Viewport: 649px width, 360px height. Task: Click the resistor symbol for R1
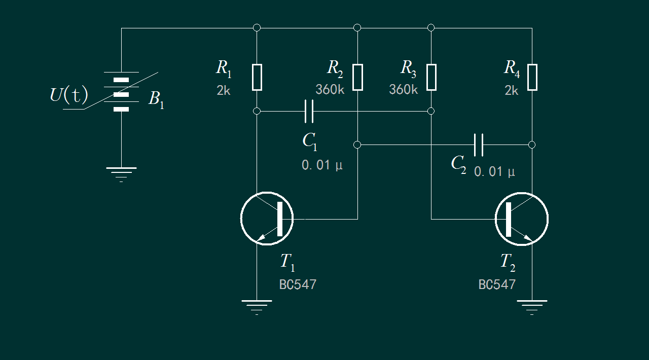coord(257,77)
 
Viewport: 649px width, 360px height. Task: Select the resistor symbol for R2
coord(357,77)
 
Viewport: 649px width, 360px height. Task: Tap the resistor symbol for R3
coord(431,77)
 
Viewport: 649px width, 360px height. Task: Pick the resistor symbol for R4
coord(532,77)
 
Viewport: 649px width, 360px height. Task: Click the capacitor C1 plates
coord(309,111)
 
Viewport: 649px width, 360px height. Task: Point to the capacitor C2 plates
coord(479,145)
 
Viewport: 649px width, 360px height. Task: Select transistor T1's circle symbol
coord(267,219)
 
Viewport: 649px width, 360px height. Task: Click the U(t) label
coord(69,95)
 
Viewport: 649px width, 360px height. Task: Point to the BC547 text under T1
coord(298,284)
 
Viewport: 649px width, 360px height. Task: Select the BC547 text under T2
coord(497,284)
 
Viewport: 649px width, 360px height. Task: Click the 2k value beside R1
coord(224,91)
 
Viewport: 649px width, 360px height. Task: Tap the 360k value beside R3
coord(404,90)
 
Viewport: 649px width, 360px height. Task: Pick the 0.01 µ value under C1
coord(322,165)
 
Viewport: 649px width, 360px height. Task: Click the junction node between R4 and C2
coord(532,145)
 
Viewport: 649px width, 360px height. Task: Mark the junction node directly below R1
coord(257,111)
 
